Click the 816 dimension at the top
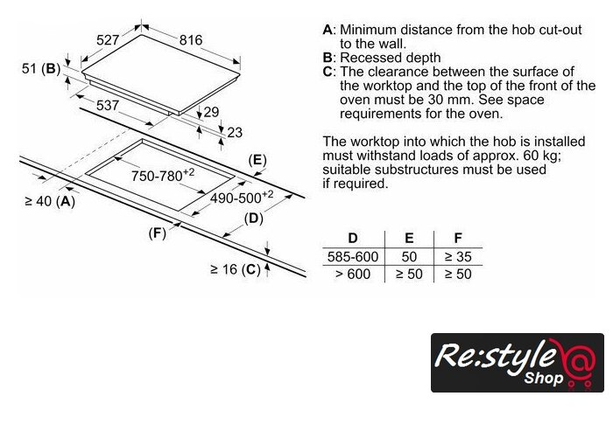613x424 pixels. click(190, 40)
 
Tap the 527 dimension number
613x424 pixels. click(108, 40)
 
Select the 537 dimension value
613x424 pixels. click(108, 106)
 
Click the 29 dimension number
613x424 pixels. click(211, 112)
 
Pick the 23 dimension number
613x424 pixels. click(235, 133)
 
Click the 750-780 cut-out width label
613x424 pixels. click(162, 176)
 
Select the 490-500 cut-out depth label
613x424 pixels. click(242, 198)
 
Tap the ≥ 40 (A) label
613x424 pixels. click(49, 202)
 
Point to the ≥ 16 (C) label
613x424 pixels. click(235, 269)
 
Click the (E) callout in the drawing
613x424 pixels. click(257, 159)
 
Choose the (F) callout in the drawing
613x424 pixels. click(157, 233)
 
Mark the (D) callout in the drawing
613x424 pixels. click(254, 219)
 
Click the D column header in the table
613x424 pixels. click(352, 239)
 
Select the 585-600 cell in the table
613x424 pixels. click(352, 257)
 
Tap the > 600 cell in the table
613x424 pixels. click(352, 275)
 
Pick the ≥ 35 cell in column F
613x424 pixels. click(458, 257)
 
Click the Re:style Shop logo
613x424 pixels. click(517, 362)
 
